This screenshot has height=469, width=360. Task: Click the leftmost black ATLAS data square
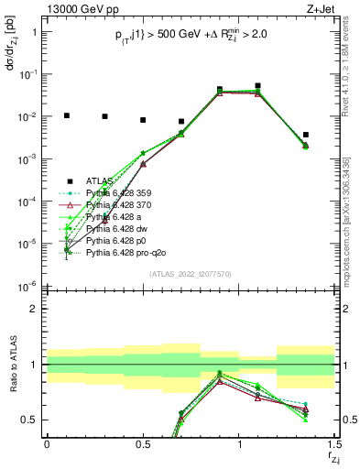click(x=66, y=115)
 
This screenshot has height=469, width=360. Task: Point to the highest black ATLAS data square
click(x=258, y=86)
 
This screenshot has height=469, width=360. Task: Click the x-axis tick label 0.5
click(x=143, y=443)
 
